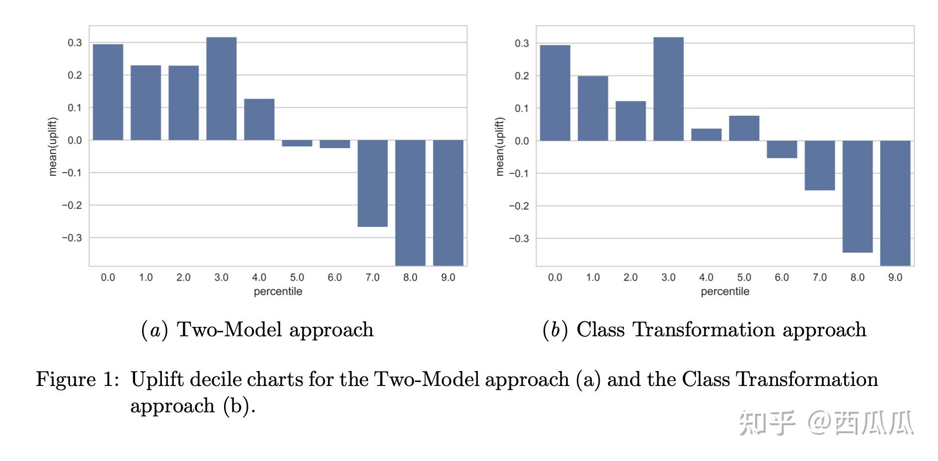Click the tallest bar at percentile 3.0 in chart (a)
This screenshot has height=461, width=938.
point(221,88)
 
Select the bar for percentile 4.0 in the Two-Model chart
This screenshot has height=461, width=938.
point(259,119)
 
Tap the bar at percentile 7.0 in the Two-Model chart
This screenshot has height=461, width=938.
point(373,183)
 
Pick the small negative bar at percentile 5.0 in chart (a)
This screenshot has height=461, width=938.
point(297,143)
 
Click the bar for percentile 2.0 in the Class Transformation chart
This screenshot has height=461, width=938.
point(630,121)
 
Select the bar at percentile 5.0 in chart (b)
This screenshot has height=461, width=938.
point(744,128)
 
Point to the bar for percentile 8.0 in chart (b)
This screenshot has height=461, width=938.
point(858,196)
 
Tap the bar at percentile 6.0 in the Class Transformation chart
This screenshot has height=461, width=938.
point(782,149)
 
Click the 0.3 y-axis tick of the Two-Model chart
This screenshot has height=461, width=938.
point(75,43)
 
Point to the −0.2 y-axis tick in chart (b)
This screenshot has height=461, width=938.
point(519,206)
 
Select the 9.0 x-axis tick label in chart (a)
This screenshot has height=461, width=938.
point(448,277)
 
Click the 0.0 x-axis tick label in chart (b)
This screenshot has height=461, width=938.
point(555,277)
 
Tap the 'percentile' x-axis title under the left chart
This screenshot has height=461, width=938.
point(278,292)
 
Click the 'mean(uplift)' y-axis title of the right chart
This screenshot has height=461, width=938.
point(500,147)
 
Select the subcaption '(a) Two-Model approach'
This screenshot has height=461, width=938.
point(257,329)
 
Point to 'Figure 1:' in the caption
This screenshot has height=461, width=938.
point(78,379)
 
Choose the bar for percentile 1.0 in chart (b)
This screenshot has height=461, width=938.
point(593,108)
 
